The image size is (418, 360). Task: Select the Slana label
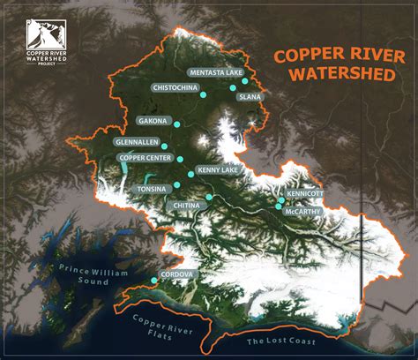click(x=250, y=97)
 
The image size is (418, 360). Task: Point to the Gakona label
click(x=153, y=120)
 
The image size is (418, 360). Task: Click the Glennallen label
click(x=137, y=141)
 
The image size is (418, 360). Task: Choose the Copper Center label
click(x=144, y=158)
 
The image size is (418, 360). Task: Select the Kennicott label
click(x=305, y=192)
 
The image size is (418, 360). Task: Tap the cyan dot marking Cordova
click(x=155, y=281)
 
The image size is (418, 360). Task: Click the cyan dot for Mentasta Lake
click(x=244, y=80)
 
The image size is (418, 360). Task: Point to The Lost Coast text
click(x=277, y=341)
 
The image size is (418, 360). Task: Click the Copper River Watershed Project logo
click(x=50, y=41)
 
